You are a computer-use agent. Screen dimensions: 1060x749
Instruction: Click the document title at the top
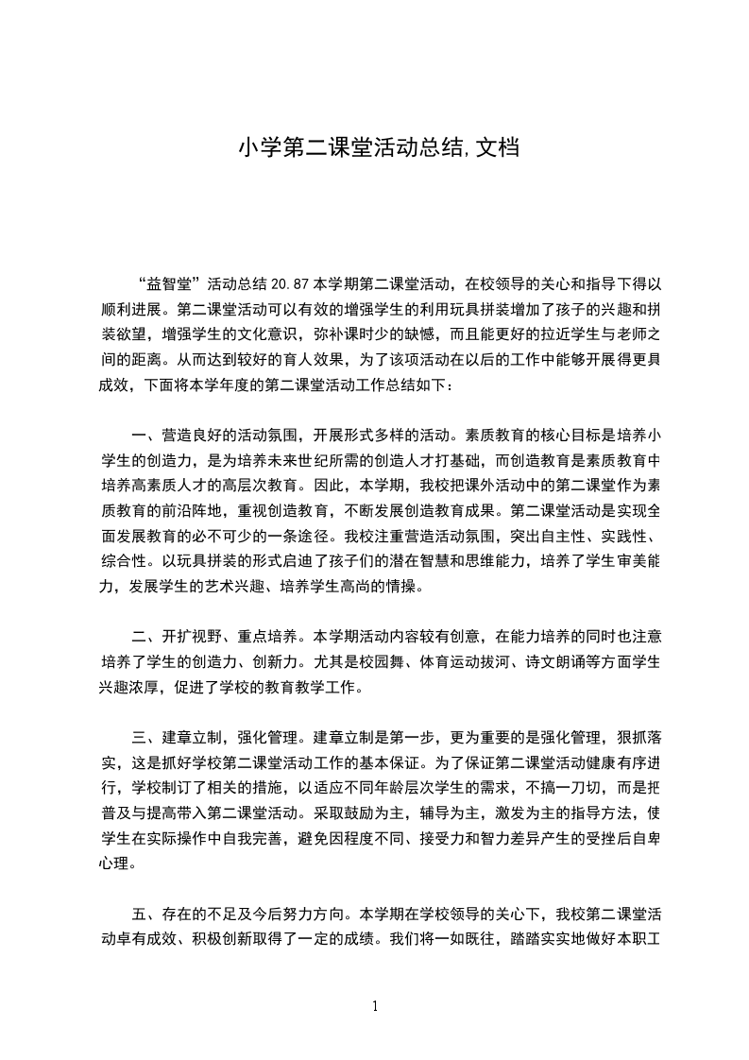[378, 148]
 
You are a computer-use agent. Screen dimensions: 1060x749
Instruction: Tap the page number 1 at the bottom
[375, 1005]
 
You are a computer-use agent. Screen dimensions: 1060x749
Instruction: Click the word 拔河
[483, 661]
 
